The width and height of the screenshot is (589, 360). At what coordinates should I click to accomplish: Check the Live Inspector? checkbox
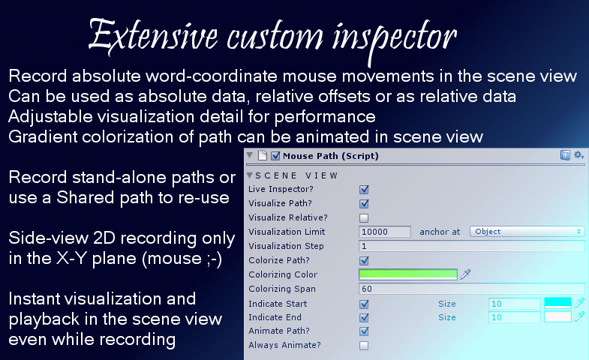point(364,190)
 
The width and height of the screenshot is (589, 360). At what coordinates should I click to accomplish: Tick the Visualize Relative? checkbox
point(364,218)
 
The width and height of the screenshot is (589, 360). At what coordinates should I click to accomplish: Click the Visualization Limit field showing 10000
point(385,232)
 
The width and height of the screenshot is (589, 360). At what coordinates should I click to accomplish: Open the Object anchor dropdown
point(527,232)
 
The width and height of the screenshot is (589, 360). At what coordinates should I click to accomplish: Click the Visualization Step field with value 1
point(472,246)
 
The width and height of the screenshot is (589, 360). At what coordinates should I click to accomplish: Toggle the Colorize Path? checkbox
point(364,261)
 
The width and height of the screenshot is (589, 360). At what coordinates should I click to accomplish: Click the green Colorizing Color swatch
point(408,274)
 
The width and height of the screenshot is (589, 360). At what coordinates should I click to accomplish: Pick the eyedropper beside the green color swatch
point(465,274)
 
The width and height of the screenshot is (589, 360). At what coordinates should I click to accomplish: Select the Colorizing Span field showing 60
point(472,289)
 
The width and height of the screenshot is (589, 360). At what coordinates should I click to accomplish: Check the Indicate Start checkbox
point(364,304)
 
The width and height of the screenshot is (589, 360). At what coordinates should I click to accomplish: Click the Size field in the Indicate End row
point(515,317)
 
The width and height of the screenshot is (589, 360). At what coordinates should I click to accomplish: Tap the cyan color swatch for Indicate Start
point(557,303)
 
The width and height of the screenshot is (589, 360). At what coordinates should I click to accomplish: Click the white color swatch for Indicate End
point(557,316)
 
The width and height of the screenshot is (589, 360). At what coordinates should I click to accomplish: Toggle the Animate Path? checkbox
point(364,331)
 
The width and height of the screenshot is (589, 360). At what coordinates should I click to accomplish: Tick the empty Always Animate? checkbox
point(364,346)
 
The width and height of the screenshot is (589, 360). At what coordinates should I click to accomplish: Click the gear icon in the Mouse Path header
point(578,155)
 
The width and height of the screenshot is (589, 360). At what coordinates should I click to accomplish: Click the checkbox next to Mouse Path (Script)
point(275,156)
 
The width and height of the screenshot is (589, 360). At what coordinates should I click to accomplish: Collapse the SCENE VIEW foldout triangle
point(250,175)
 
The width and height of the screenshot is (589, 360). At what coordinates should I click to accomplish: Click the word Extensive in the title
point(153,37)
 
